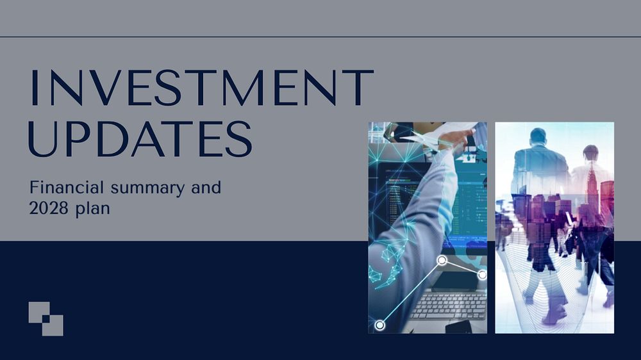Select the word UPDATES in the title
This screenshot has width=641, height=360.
pos(140,137)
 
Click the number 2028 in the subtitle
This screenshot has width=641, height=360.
pos(48,209)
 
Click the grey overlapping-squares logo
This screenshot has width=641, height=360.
pos(46,319)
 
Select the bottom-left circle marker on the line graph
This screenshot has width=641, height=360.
pos(380,325)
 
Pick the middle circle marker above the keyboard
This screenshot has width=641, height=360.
pos(442,260)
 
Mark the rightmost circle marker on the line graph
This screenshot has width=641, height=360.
pos(482,274)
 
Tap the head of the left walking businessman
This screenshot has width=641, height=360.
pos(538,136)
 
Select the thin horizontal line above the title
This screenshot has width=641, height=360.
pos(320,37)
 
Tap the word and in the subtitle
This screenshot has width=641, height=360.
pos(206,188)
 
